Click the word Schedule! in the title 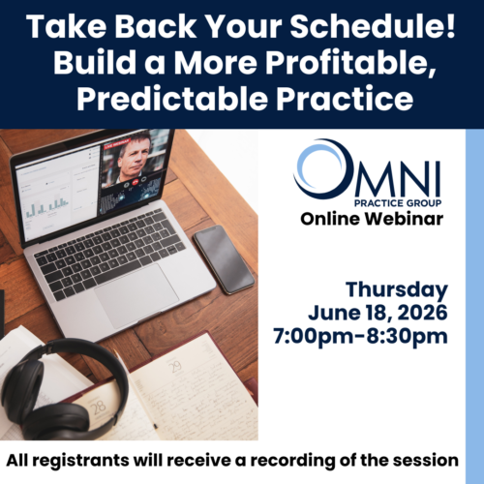tap(373, 26)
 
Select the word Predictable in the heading tap(172, 98)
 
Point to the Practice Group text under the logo tap(398, 203)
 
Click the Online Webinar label tap(372, 219)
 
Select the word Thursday tap(397, 289)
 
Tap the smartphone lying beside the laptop tap(224, 259)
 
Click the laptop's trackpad tap(136, 296)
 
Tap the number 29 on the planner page tap(175, 366)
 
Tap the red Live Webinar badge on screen tap(117, 143)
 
